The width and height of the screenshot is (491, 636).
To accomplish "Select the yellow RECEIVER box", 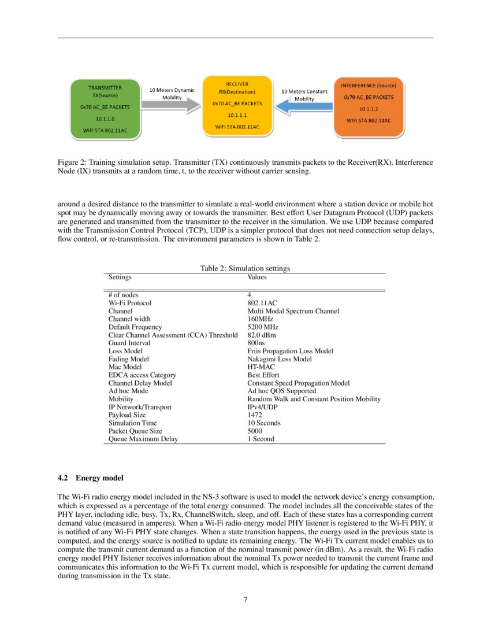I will point(237,105).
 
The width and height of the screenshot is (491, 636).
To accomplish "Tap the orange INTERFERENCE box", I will point(369,107).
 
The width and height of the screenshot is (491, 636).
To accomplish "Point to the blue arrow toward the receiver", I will point(303,107).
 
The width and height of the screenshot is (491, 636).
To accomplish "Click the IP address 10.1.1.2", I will point(369,109).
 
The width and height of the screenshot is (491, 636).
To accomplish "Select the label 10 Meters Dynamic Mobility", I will point(172,94).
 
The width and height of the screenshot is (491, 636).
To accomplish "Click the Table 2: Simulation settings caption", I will point(245,268).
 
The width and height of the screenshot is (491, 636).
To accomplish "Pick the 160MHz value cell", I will point(260,319).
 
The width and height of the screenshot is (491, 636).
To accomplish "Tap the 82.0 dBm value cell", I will point(261,335).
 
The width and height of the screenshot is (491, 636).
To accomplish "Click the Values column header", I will point(257,277).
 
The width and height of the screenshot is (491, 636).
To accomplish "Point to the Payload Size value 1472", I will point(254,415).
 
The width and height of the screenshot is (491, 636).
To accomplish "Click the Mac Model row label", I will point(125,367).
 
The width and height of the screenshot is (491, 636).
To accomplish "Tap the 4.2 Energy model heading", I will point(91,478).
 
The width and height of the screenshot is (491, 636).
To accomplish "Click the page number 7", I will point(245,600).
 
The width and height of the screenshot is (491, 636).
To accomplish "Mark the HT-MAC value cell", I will point(261,367).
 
